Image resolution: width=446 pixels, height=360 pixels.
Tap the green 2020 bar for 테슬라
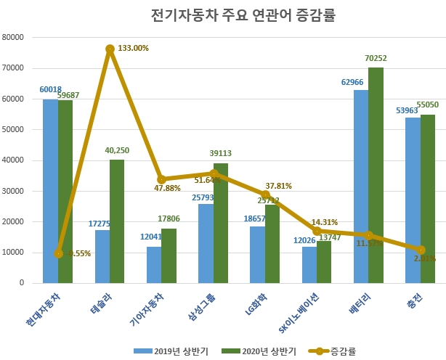click(117, 221)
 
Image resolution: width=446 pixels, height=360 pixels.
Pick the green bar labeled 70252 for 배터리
click(376, 175)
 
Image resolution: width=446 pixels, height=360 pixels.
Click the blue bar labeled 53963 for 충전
click(412, 200)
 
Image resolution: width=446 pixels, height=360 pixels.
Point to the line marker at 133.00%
click(110, 49)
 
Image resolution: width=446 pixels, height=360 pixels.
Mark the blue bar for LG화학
click(258, 255)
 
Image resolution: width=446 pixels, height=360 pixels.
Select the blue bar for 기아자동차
click(154, 265)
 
